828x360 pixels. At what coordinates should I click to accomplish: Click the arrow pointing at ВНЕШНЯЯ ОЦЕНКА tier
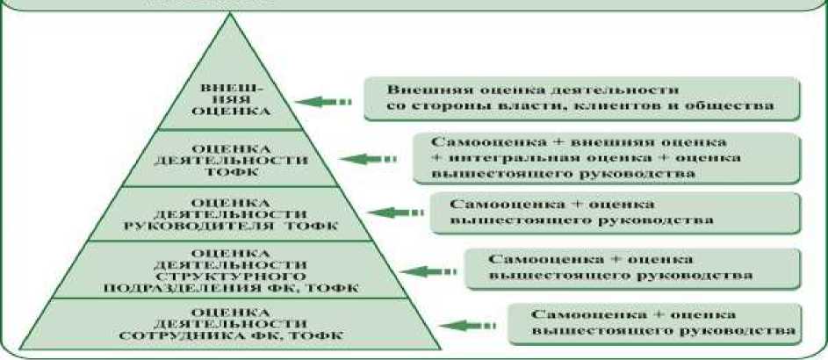click(325, 102)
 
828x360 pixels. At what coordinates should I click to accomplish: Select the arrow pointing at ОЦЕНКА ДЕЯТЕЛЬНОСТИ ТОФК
click(364, 158)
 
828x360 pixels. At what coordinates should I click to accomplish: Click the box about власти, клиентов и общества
click(581, 97)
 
